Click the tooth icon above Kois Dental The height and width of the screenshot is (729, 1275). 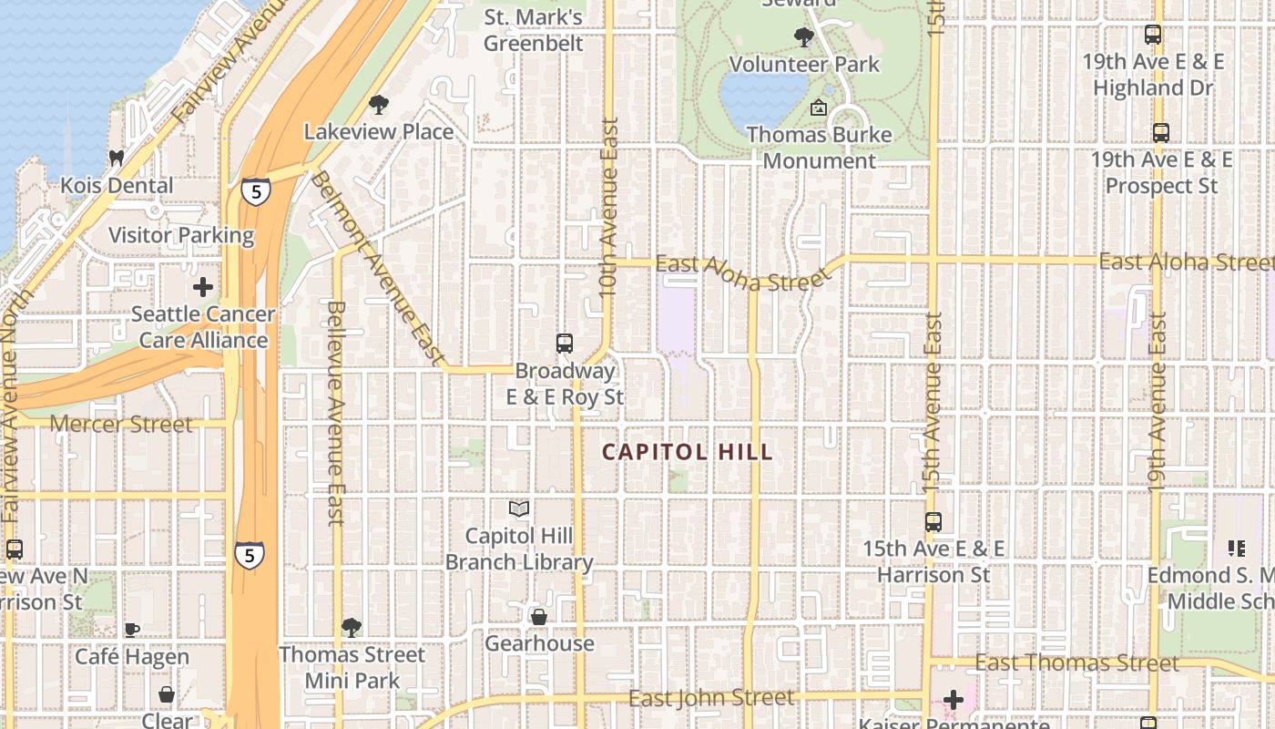point(116,158)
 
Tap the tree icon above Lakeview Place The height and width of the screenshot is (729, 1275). point(378,105)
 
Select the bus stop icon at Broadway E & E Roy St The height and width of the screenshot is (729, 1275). point(565,344)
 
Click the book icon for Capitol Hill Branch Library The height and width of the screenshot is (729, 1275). point(519,508)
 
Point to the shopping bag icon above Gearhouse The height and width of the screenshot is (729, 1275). point(539,617)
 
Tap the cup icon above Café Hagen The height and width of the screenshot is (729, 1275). point(132,629)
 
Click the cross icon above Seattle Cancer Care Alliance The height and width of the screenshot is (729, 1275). point(203,287)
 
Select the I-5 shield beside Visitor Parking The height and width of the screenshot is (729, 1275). point(256,191)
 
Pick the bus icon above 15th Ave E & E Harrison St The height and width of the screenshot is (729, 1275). point(933,522)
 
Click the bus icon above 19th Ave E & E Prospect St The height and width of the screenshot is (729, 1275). point(1161,133)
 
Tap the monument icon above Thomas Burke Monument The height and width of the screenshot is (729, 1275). point(818,108)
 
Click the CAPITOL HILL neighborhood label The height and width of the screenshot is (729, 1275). point(688,452)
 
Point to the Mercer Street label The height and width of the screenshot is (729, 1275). point(121,424)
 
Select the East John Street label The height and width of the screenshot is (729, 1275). point(711,699)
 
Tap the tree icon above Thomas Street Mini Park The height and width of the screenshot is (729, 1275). point(352,627)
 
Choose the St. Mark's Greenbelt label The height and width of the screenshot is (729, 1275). point(534,30)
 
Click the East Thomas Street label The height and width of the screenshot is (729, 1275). point(1077,662)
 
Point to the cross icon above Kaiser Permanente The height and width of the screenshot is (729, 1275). point(954,700)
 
